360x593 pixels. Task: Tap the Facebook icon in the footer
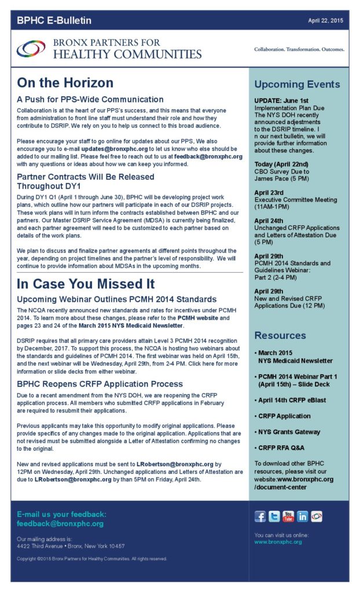(x=260, y=517)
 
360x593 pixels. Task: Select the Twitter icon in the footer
(x=274, y=517)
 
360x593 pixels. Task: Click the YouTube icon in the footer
(x=288, y=517)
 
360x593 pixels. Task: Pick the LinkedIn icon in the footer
(x=302, y=517)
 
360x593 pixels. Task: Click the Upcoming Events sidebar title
(x=297, y=85)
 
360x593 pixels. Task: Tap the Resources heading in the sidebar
(x=280, y=335)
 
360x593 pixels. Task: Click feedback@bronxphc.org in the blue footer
(x=60, y=524)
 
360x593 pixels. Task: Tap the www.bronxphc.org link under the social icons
(x=278, y=542)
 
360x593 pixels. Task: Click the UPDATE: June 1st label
(x=283, y=100)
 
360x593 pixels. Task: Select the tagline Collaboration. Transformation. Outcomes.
(x=299, y=50)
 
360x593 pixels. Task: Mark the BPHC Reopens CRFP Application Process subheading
(x=100, y=383)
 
